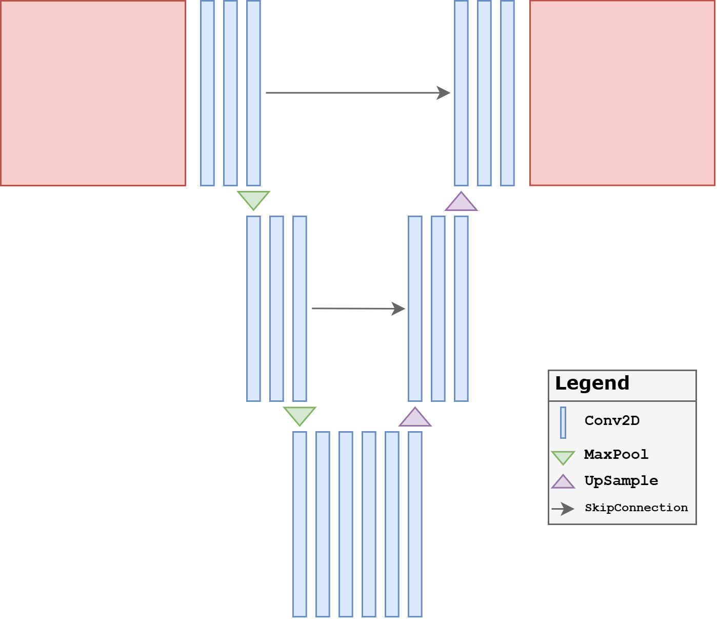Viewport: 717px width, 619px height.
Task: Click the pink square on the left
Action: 93,93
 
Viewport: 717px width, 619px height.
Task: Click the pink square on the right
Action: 623,93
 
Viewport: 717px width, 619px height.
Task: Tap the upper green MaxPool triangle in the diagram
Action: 253,199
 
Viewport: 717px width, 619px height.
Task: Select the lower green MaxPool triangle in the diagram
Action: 300,414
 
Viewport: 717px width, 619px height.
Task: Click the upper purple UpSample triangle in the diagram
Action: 461,203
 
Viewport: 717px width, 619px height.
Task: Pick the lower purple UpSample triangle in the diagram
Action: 415,419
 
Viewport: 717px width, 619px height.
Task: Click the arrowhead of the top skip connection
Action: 444,93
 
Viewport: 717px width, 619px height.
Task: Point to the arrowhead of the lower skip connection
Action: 399,308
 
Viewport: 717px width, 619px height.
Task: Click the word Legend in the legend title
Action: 592,383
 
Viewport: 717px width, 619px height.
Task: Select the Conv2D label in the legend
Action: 612,421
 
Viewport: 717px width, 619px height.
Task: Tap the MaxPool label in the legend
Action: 616,454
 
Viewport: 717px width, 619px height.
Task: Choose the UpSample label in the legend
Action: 621,481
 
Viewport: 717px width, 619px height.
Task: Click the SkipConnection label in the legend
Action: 636,508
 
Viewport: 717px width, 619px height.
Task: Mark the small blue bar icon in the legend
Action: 563,422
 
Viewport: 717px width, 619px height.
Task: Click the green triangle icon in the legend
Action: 563,457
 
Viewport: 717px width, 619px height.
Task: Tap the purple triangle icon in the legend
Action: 563,482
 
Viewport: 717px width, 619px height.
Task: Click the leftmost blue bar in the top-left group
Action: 207,93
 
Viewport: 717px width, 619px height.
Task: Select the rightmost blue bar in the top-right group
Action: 507,93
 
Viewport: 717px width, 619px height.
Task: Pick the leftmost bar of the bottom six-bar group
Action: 300,524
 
